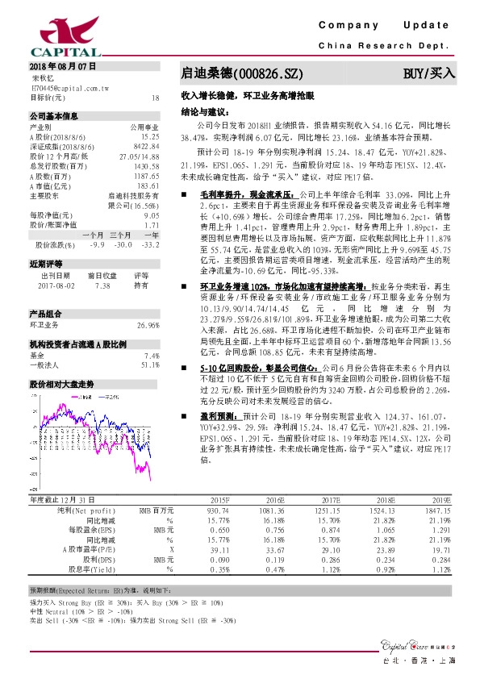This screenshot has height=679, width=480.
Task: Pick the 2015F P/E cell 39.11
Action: (x=219, y=549)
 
